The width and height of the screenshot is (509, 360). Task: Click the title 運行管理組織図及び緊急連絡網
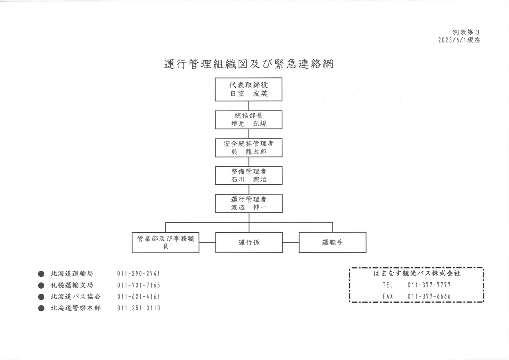click(x=249, y=64)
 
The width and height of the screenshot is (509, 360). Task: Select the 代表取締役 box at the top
click(x=249, y=90)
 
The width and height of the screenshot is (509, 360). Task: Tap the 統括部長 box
click(x=249, y=120)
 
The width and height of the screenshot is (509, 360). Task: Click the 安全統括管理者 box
click(x=249, y=148)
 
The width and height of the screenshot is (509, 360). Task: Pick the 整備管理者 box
click(x=249, y=176)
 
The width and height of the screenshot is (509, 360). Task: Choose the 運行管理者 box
click(x=249, y=203)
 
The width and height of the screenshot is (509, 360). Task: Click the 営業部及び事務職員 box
click(x=165, y=242)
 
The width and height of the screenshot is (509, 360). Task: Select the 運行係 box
click(x=249, y=242)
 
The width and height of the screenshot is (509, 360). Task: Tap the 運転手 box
click(x=333, y=242)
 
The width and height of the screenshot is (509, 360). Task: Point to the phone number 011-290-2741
click(x=139, y=273)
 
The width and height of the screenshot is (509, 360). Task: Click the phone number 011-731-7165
click(x=139, y=285)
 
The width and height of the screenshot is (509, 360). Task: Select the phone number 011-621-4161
click(x=139, y=297)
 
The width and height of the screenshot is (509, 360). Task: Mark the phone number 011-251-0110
click(x=139, y=308)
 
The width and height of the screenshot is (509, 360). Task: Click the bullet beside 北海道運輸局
click(x=41, y=274)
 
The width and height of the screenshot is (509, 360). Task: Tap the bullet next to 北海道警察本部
click(x=41, y=308)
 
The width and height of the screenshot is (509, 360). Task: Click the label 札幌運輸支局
click(x=72, y=285)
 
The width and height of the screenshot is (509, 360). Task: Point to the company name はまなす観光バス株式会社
click(x=417, y=273)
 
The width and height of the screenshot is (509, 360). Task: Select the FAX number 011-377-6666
click(x=429, y=296)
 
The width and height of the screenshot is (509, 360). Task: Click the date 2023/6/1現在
click(x=459, y=40)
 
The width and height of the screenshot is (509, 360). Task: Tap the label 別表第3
click(x=466, y=32)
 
